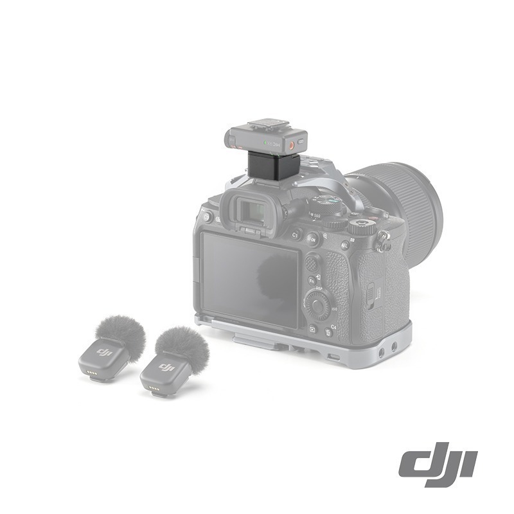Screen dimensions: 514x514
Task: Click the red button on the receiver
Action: [293, 146]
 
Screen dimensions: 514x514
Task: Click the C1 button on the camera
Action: [296, 236]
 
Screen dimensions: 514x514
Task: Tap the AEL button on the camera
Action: [344, 245]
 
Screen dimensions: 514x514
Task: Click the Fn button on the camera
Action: [312, 281]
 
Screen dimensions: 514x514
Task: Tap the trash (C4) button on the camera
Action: [329, 332]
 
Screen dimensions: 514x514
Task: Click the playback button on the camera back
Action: [313, 329]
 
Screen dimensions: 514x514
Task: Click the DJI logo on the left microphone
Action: [104, 353]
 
